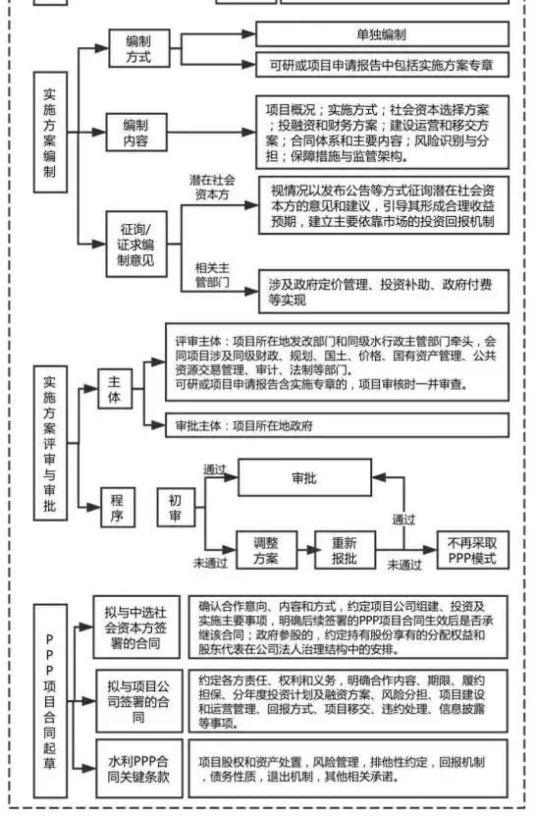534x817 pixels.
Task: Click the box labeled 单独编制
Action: click(382, 34)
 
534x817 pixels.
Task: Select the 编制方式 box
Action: click(139, 48)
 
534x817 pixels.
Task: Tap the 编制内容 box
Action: click(136, 132)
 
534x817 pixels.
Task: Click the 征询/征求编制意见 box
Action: click(136, 244)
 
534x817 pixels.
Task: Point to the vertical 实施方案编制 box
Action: click(50, 132)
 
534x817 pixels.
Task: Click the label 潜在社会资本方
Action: click(212, 188)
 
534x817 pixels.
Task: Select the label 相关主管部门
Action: click(212, 275)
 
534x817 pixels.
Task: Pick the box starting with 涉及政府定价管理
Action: click(383, 291)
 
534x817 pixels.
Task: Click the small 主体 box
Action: click(114, 389)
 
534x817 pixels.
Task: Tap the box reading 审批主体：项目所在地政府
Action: click(336, 426)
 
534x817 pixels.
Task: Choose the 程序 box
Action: click(117, 507)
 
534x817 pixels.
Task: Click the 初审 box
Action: click(176, 507)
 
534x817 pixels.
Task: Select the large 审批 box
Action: click(304, 478)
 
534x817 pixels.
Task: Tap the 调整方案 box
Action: click(266, 550)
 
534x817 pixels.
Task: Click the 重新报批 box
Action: click(345, 550)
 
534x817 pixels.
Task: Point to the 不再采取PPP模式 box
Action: click(472, 550)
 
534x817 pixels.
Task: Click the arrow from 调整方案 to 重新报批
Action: click(307, 550)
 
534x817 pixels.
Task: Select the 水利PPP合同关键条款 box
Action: click(139, 769)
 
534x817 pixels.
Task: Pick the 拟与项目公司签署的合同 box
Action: click(139, 701)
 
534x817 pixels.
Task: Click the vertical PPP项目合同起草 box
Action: click(50, 701)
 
